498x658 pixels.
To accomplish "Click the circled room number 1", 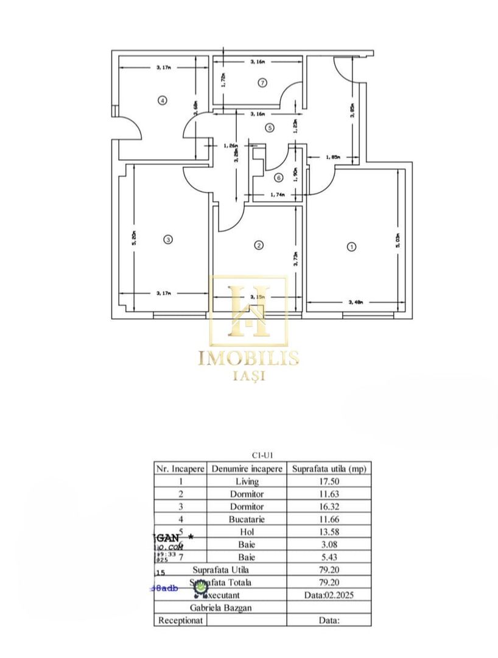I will (x=351, y=247).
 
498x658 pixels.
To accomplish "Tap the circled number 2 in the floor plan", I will (x=259, y=245).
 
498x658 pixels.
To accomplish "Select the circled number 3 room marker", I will (x=168, y=240).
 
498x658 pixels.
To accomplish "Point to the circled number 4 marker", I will (x=162, y=101).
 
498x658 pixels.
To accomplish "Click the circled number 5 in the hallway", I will (x=270, y=127).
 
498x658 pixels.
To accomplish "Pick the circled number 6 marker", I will (x=278, y=178).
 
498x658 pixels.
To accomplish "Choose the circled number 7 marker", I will (x=262, y=83).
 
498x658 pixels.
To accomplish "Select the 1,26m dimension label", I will (x=231, y=145).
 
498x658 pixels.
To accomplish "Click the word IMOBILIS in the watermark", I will (x=248, y=358).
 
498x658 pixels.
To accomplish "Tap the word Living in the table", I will (x=246, y=481).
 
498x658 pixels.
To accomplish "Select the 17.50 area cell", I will (x=328, y=481).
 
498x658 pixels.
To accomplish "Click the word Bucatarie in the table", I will (x=246, y=519).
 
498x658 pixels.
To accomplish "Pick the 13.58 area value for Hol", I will (x=328, y=532).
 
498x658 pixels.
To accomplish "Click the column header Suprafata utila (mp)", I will (x=328, y=469).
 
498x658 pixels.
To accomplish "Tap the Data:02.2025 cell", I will (x=328, y=595).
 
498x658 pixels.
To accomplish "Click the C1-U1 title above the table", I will (x=262, y=455).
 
